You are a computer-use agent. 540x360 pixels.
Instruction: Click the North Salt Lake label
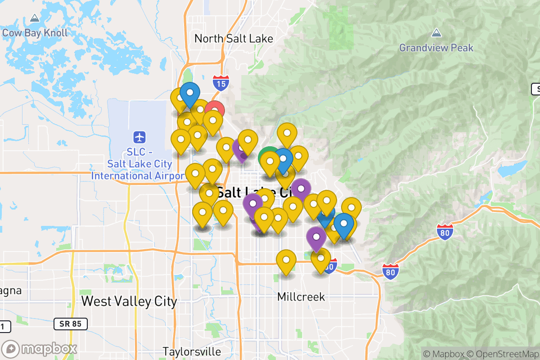pos(234,39)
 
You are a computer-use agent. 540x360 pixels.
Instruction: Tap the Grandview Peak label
pos(436,47)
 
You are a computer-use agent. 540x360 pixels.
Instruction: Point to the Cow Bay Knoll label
pos(35,33)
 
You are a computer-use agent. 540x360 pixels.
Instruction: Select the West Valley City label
pos(129,301)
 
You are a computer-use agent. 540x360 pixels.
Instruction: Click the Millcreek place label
pos(301,297)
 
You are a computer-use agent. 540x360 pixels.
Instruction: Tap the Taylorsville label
pos(192,351)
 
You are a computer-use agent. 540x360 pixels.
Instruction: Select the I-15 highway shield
pos(220,82)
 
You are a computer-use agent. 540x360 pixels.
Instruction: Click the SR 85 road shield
pos(70,324)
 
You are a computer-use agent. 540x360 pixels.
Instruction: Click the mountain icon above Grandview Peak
pos(436,33)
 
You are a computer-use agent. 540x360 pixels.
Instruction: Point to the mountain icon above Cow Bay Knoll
pos(35,19)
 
